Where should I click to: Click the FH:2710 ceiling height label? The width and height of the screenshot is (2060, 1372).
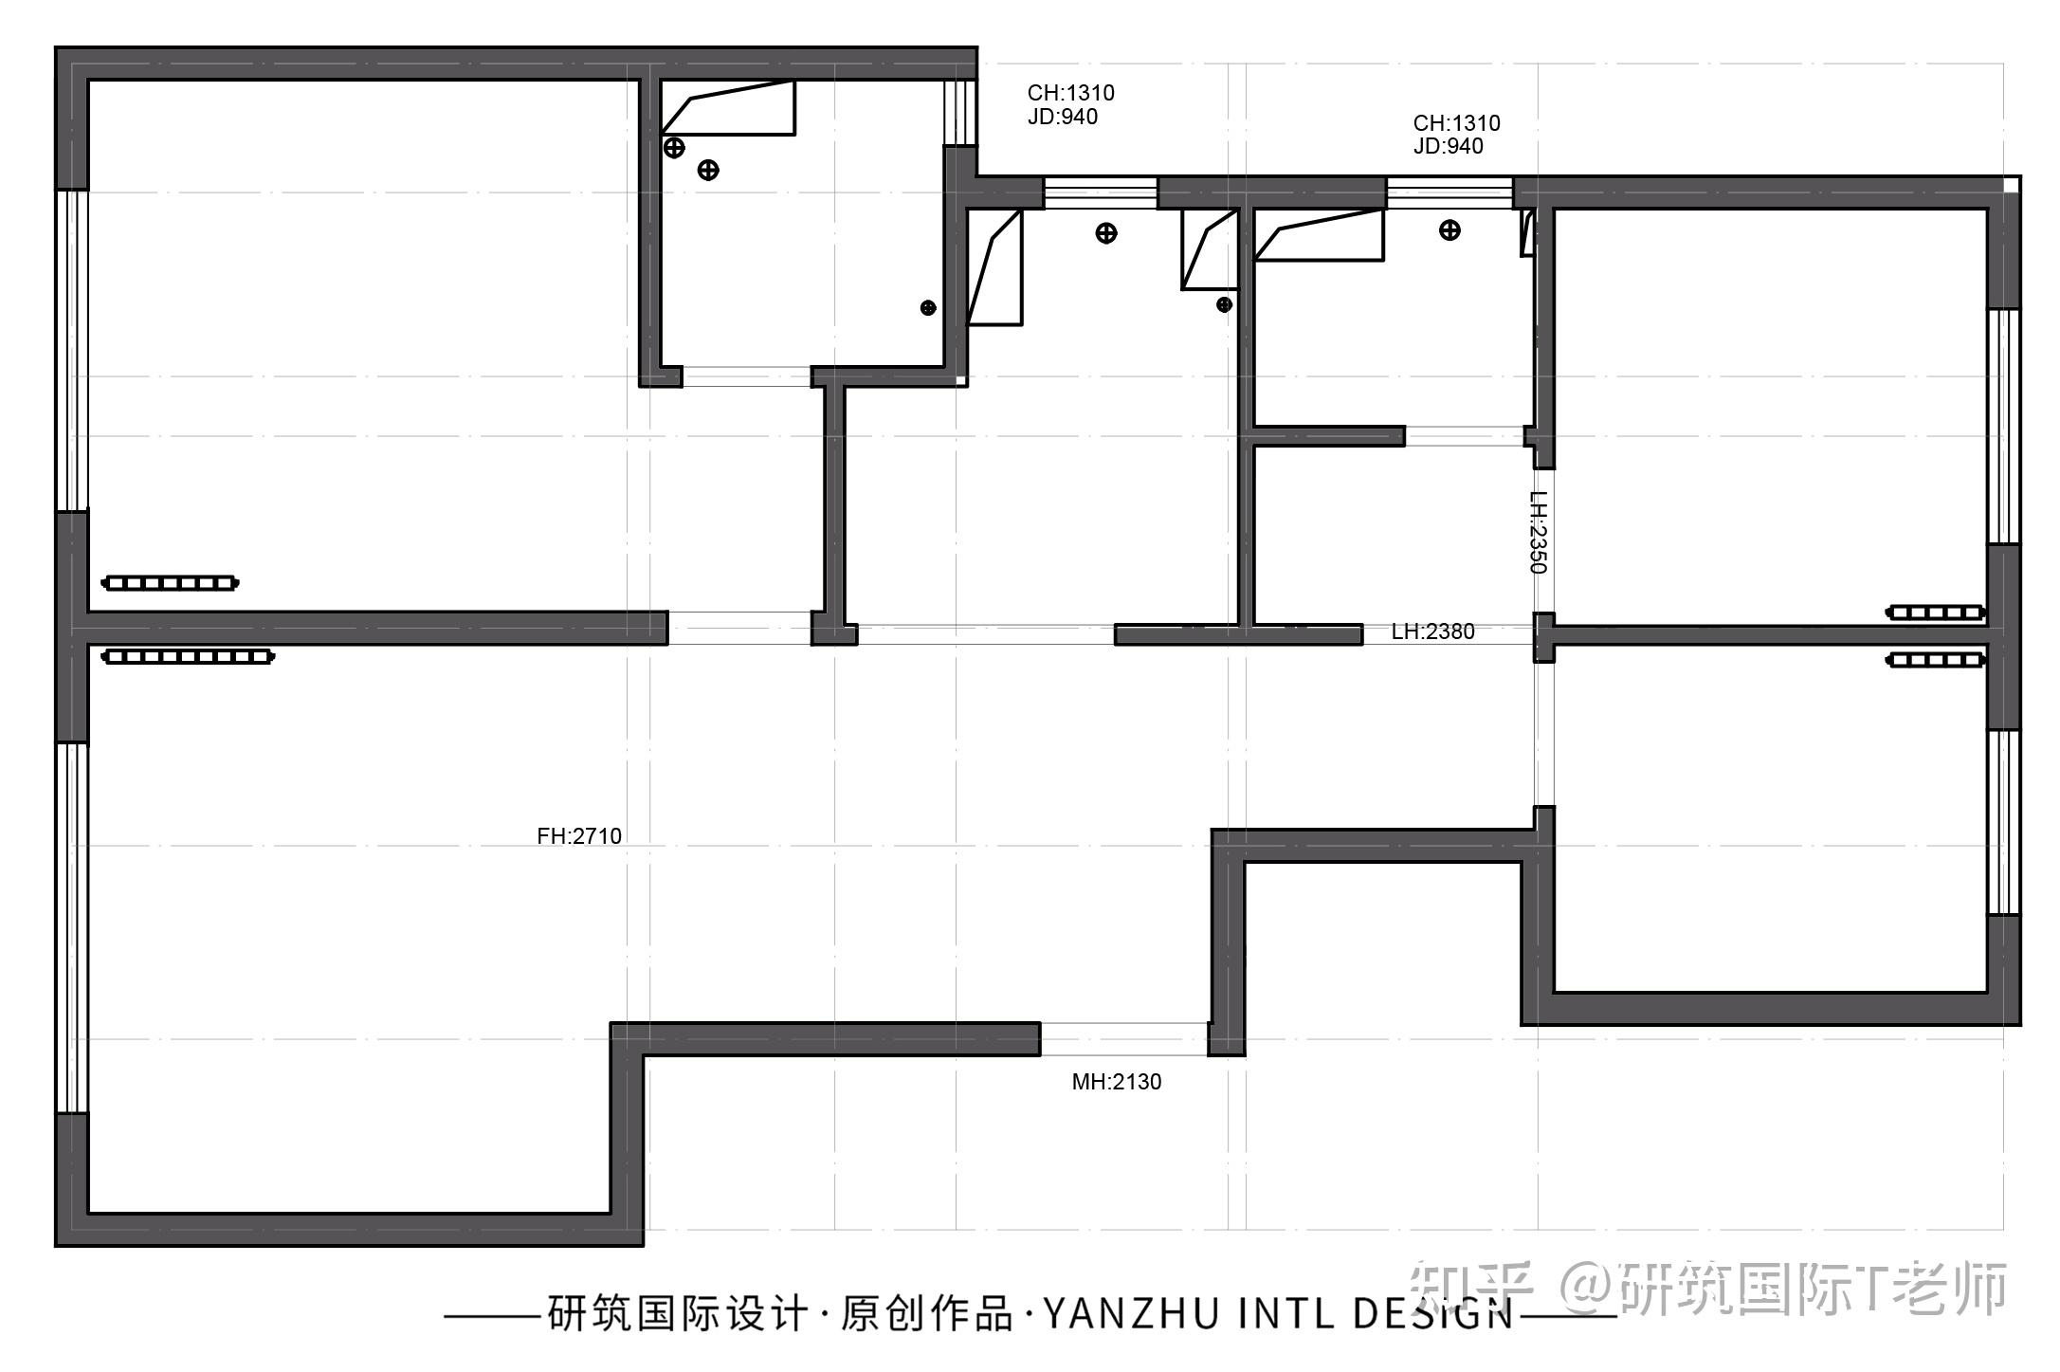coord(579,836)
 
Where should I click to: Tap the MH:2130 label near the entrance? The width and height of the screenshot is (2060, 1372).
coord(1116,1082)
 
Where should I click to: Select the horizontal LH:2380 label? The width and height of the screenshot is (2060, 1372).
coord(1432,631)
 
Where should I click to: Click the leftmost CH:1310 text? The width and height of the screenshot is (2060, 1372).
coord(1070,93)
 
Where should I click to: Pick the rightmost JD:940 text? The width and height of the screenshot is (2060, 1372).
coord(1448,146)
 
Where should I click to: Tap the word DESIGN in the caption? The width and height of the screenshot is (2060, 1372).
coord(1432,1314)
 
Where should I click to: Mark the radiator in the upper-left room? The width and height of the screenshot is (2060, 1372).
coord(170,583)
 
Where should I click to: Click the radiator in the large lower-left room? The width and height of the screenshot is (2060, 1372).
coord(188,656)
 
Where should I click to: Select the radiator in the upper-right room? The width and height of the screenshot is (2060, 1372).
coord(1935,613)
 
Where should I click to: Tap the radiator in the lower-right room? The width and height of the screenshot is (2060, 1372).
coord(1935,660)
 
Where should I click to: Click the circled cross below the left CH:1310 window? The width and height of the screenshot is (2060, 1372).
coord(1105,233)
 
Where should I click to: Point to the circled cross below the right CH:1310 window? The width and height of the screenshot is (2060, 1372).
coord(1449,230)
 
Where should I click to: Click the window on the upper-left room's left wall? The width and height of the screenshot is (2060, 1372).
coord(72,351)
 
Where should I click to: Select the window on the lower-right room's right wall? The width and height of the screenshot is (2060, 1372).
coord(2003,822)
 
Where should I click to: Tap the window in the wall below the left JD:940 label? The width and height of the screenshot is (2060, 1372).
coord(1100,192)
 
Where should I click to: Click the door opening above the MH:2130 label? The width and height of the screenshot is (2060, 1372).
coord(1123,1039)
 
